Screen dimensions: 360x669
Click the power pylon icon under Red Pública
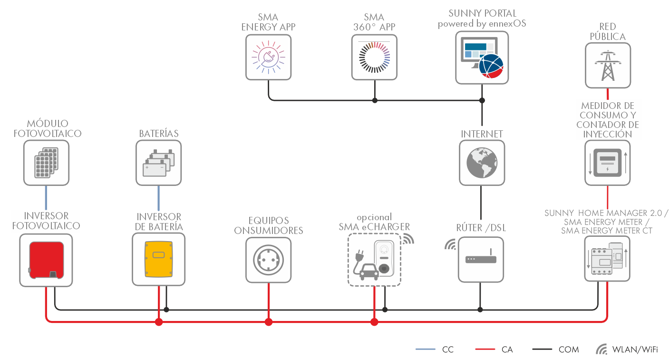608,65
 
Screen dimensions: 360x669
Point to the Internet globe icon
482,162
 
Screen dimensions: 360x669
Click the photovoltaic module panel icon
46,162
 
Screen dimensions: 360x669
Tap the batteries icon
159,162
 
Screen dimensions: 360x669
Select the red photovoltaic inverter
46,260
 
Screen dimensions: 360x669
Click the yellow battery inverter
159,260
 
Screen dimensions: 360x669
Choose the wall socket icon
268,260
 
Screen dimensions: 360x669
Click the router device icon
481,260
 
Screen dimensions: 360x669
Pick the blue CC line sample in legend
426,350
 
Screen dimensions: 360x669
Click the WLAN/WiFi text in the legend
635,350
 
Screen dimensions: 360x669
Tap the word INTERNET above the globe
482,134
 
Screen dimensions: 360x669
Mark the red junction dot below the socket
269,322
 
